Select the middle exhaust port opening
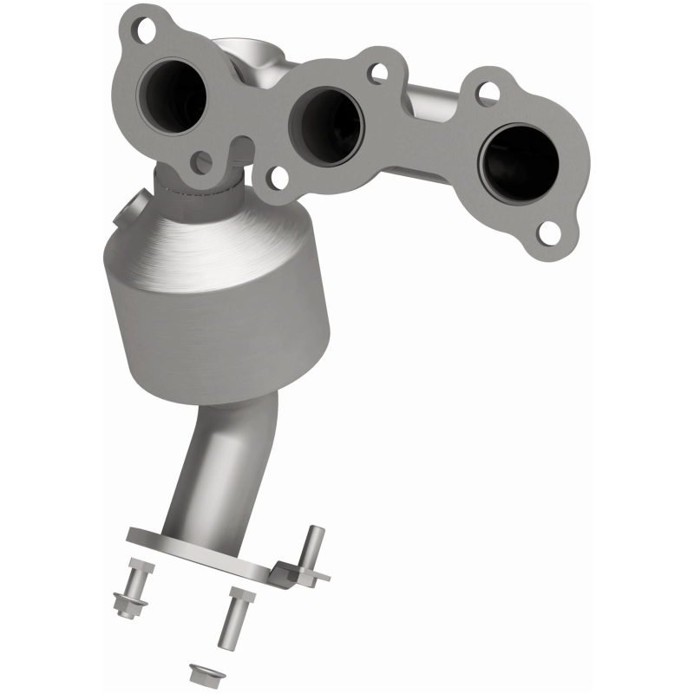click(329, 121)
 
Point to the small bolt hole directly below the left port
click(202, 160)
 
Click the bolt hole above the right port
click(488, 91)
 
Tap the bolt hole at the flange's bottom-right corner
click(548, 232)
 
